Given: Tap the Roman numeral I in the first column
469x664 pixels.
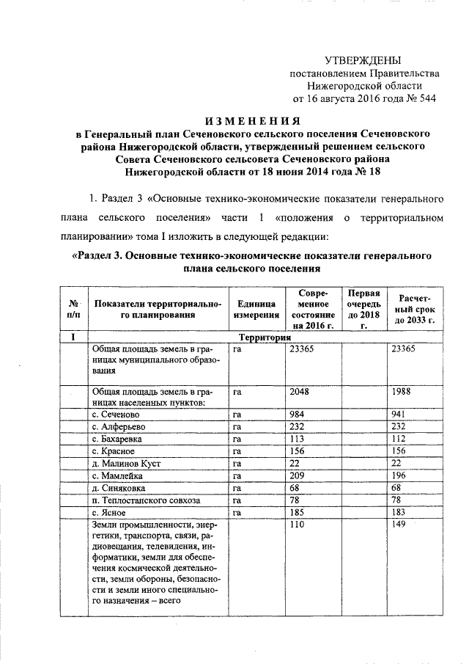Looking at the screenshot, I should pos(73,338).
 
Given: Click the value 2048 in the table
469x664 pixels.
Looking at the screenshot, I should pos(300,391).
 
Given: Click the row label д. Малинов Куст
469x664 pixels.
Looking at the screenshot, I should pos(126,464).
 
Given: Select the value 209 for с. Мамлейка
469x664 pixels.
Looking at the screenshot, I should pos(298,475).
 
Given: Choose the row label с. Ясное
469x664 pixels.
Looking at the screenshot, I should pos(108,512).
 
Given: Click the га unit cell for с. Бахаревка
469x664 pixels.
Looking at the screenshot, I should pos(237,439).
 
